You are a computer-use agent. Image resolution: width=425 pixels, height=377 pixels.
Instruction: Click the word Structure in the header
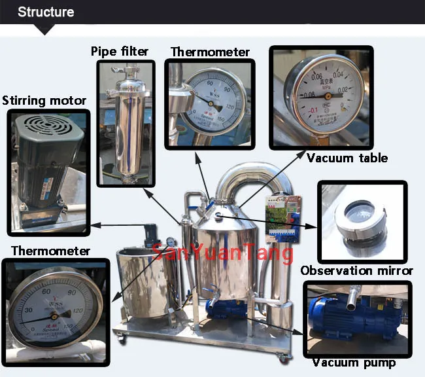(x=46, y=12)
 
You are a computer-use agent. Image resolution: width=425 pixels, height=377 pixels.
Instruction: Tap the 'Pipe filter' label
(x=120, y=51)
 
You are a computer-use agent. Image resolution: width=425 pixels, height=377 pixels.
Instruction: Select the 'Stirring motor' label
(x=44, y=101)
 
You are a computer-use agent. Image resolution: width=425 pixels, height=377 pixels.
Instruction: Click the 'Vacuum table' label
(x=347, y=158)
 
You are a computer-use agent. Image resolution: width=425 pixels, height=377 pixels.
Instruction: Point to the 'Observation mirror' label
(x=356, y=270)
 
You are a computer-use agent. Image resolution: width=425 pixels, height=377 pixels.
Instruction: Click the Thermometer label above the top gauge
(x=210, y=52)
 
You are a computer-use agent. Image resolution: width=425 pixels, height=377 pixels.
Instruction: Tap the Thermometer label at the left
(x=50, y=251)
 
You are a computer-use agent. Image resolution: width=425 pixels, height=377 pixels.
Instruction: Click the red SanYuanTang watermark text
(x=223, y=251)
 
